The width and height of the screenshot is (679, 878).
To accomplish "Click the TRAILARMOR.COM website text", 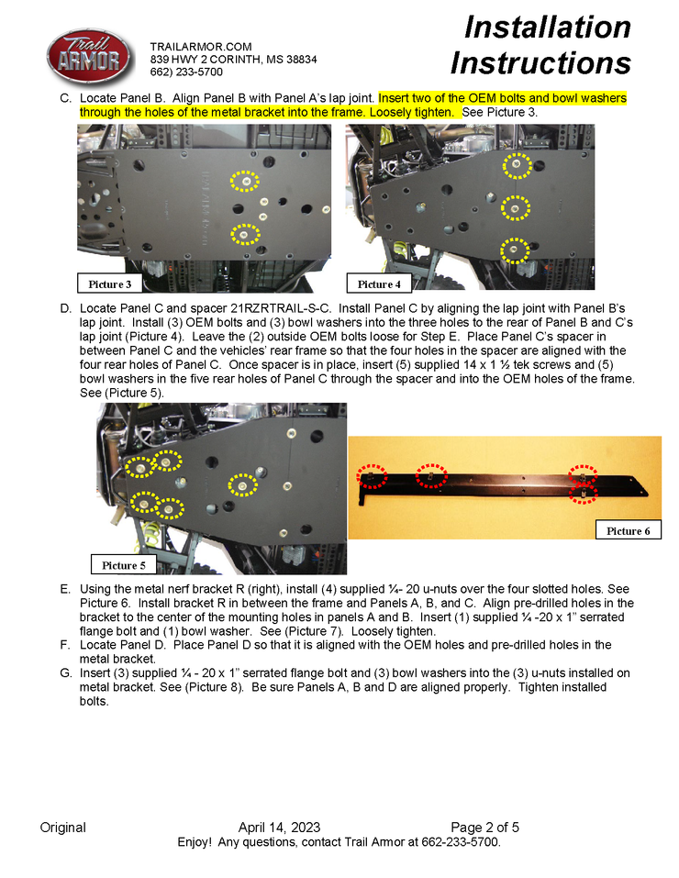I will (200, 46).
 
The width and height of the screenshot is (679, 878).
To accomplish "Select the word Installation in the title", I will (547, 28).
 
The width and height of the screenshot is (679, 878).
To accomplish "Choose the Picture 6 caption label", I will (629, 530).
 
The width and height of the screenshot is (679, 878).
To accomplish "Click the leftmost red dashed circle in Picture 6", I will (373, 478).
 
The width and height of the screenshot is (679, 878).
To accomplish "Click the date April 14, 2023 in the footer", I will (279, 827).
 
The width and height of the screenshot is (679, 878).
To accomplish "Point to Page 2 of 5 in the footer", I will (484, 827).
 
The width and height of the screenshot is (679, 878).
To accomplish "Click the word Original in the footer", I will (62, 827).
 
